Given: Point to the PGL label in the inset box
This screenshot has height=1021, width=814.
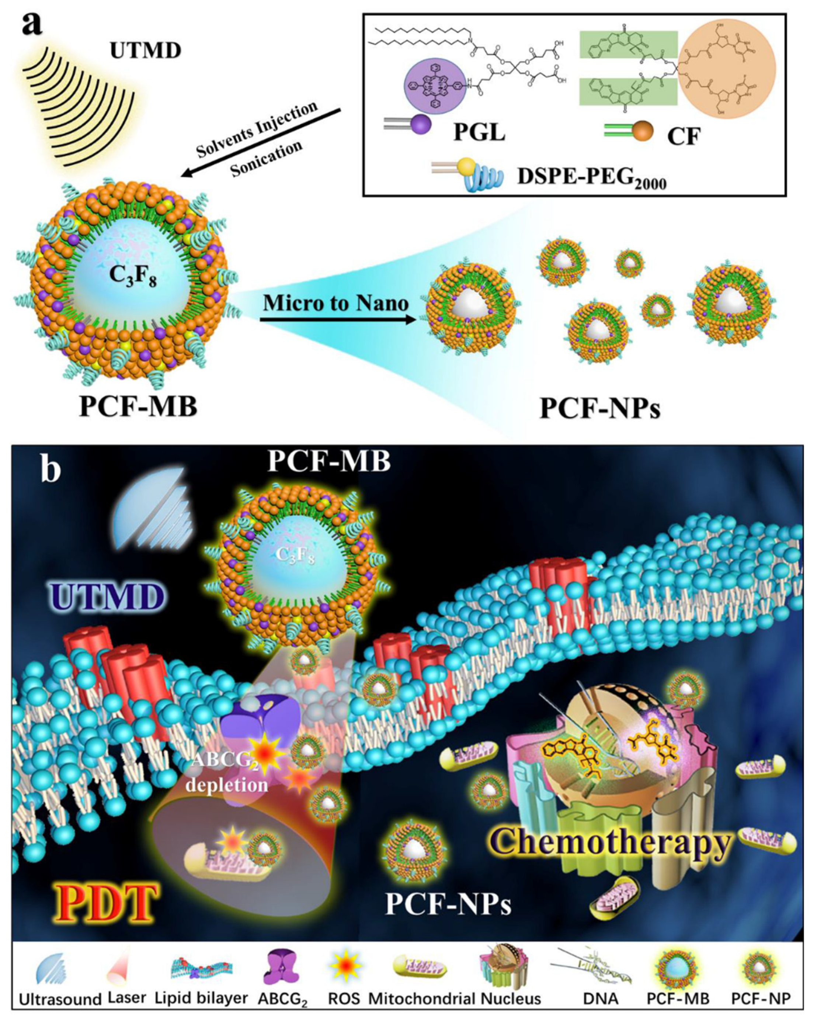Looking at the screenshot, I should click(x=479, y=132).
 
